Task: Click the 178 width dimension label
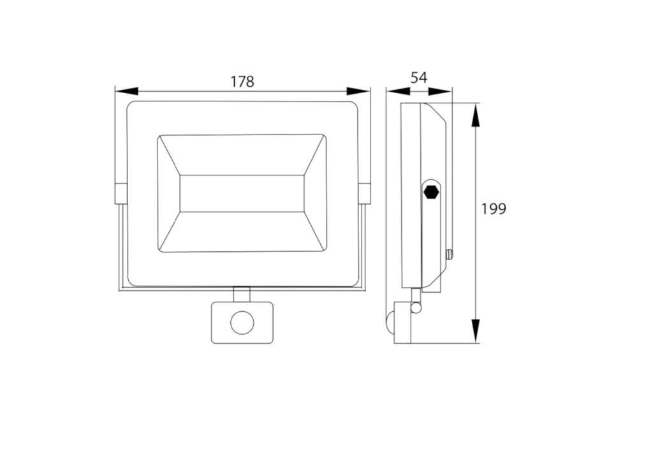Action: pos(242,82)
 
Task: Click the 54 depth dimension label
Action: pos(418,78)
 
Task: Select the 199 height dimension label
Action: pos(494,209)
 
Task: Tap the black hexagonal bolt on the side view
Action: pos(431,193)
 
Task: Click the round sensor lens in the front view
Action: pos(242,323)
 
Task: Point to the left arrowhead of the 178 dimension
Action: pos(126,91)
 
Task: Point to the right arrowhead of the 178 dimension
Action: pos(358,91)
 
